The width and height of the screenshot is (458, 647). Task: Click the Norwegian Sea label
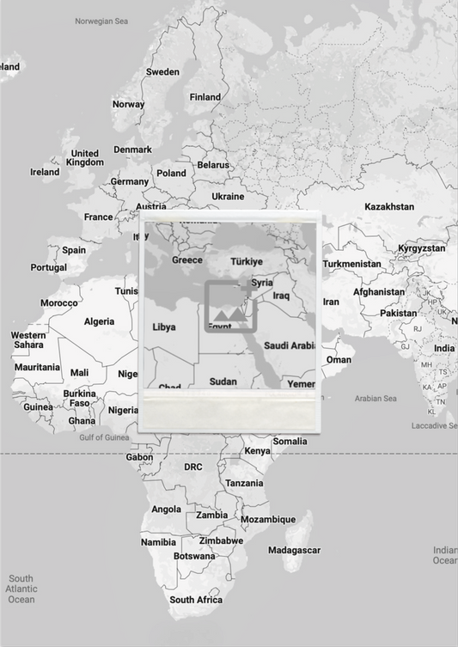click(x=101, y=21)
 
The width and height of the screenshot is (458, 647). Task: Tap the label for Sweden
click(x=162, y=72)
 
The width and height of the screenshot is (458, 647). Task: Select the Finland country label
click(x=205, y=97)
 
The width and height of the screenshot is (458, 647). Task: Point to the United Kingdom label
click(x=84, y=158)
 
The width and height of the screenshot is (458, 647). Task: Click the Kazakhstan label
click(x=388, y=207)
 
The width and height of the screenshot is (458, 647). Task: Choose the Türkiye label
click(x=247, y=261)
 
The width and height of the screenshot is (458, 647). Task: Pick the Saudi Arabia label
click(x=290, y=345)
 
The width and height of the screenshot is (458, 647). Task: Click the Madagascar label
click(x=294, y=550)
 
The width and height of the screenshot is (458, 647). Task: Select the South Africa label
click(x=196, y=600)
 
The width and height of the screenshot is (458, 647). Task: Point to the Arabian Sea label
click(x=376, y=399)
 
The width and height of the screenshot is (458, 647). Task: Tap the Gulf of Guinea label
click(x=104, y=437)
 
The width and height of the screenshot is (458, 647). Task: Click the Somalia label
click(x=290, y=442)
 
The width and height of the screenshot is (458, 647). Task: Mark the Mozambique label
click(x=267, y=520)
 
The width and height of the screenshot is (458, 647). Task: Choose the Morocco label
click(x=59, y=303)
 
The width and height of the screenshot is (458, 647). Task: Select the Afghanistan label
click(x=378, y=292)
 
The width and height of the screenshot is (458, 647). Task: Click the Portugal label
click(x=48, y=267)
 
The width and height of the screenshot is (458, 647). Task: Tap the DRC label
click(x=193, y=467)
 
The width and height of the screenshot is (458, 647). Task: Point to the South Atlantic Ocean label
click(x=21, y=589)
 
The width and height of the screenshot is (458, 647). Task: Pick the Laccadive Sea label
click(x=435, y=425)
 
